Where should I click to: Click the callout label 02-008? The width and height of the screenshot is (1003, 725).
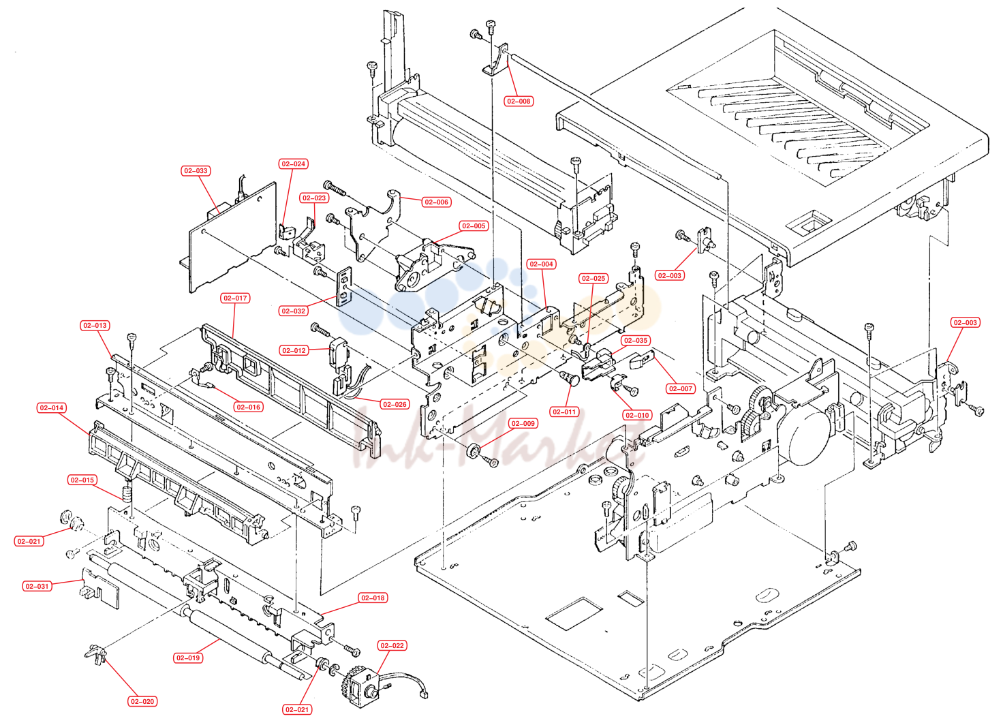pos(518,102)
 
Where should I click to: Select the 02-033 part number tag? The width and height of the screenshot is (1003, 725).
pos(196,170)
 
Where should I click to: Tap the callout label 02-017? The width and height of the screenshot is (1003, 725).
pos(235,298)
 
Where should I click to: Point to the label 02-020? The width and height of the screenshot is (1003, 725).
pos(142,702)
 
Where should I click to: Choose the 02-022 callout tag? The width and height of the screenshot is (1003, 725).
pos(392,645)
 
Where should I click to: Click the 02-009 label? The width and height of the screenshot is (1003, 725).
pos(523,423)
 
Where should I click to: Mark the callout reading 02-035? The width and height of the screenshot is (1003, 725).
pos(636,340)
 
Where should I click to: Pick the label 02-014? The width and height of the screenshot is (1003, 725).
pos(52,407)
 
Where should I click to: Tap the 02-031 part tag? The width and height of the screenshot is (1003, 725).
pos(37,586)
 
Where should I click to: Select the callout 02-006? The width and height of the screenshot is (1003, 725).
pos(436,202)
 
